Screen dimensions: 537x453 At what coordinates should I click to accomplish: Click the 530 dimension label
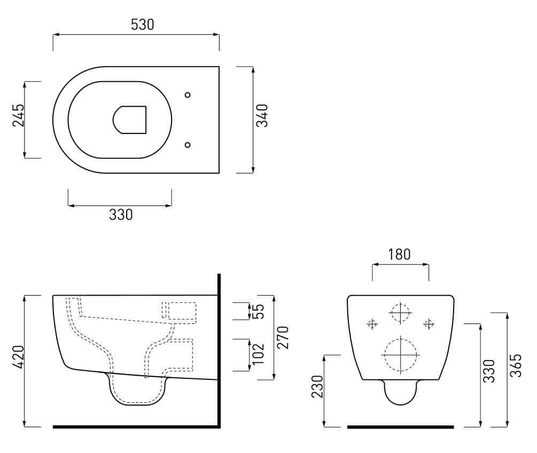tap(143, 25)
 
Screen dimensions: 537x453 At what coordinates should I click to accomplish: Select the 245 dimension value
tap(19, 115)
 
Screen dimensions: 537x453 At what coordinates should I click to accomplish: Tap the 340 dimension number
tap(262, 116)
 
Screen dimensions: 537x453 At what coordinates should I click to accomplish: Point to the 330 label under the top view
tap(121, 214)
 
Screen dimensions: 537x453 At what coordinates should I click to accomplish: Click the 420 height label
tap(19, 357)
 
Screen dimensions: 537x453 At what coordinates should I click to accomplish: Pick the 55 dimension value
tap(260, 312)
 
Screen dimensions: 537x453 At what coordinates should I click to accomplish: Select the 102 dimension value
tap(260, 354)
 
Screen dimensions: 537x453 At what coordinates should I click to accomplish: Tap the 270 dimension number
tap(283, 338)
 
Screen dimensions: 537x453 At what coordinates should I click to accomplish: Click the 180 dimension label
tap(399, 255)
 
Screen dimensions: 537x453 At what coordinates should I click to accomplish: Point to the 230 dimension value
tap(317, 386)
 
